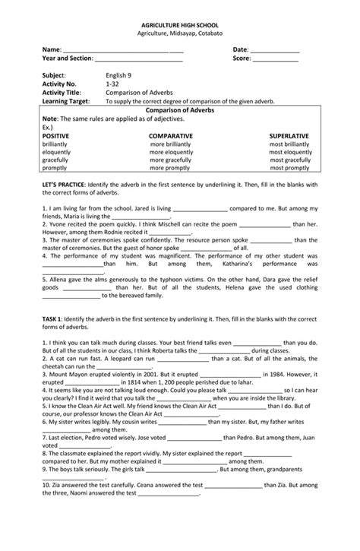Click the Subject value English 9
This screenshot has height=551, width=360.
[x=119, y=76]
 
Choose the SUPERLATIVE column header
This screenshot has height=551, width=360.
[x=289, y=135]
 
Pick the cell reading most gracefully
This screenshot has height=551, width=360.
[x=289, y=160]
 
